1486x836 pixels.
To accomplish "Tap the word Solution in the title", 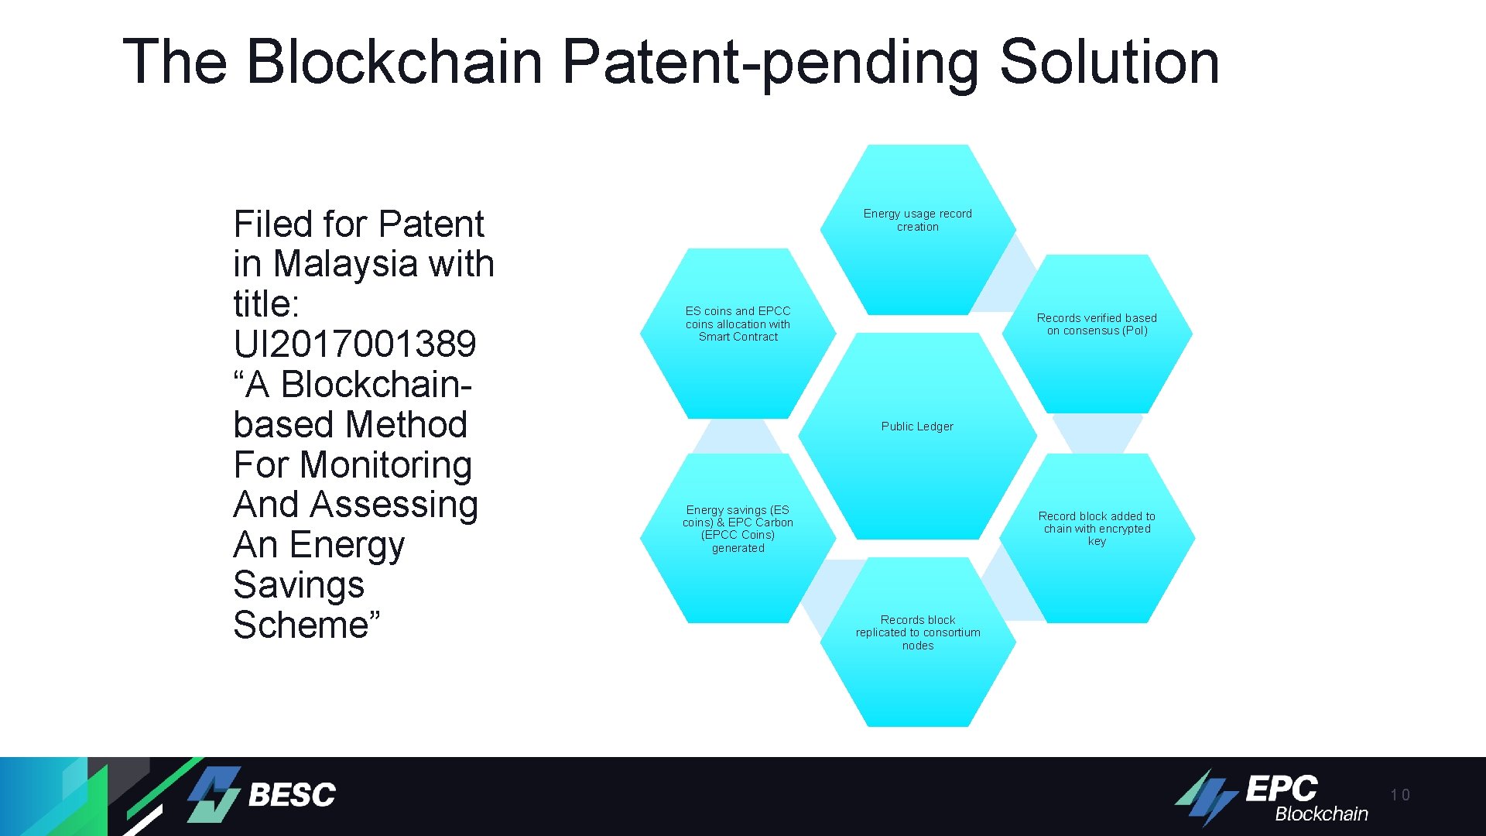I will coord(1108,62).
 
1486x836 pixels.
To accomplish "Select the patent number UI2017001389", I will coord(354,344).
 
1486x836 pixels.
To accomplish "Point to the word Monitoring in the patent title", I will coord(385,464).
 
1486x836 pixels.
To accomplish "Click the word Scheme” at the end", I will coord(306,625).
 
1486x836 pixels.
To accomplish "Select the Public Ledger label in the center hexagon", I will coord(917,427).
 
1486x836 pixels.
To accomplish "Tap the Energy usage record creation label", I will coord(917,220).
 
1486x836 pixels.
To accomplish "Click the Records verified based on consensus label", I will coord(1097,324).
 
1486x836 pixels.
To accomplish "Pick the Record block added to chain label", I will coord(1097,528).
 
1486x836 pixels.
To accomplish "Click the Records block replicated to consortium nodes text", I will coord(918,632).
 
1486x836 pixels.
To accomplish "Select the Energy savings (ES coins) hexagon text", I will coord(738,529).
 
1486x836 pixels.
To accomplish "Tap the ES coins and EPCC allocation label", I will coord(738,324).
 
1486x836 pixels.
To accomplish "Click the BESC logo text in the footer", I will coord(292,795).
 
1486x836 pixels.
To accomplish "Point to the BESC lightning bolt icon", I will coord(214,795).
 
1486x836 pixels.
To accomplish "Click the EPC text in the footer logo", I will coord(1281,789).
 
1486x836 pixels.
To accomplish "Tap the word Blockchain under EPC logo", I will coord(1321,814).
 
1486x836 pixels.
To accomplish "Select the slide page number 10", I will coord(1399,795).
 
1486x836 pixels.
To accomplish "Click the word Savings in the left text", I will coord(299,584).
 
